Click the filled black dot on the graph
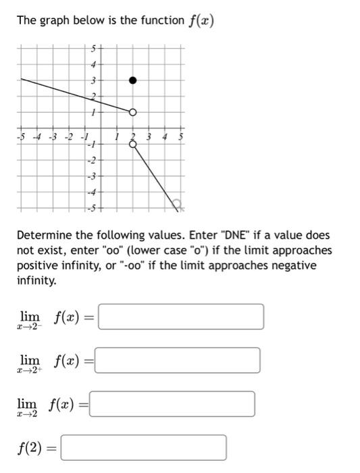[133, 80]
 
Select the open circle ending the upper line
[133, 112]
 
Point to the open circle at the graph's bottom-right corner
[176, 203]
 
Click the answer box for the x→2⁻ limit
[180, 316]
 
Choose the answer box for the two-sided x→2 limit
[172, 404]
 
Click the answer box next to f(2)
[143, 447]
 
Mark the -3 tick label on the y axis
[95, 176]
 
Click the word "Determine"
[43, 235]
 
